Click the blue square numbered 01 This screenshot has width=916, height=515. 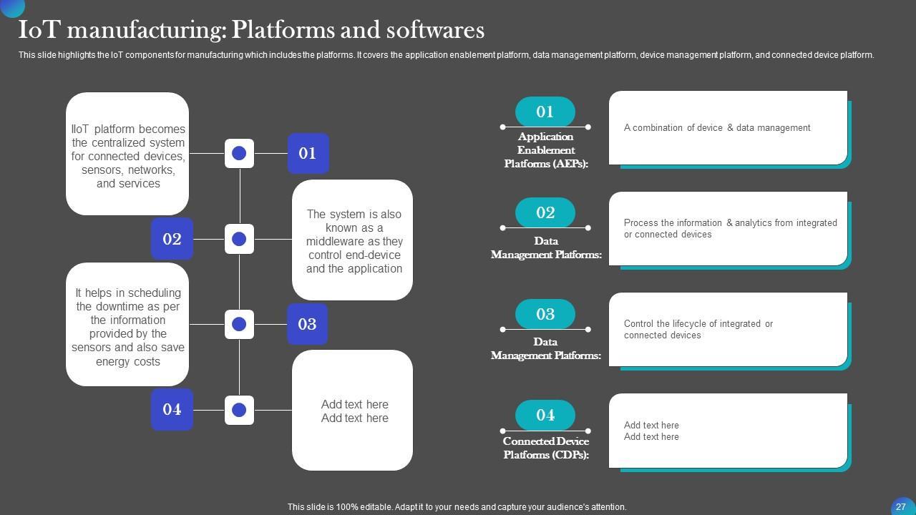click(308, 153)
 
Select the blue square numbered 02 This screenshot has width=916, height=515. click(172, 239)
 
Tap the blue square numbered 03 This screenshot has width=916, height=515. click(307, 324)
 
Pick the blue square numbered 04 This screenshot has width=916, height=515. click(172, 409)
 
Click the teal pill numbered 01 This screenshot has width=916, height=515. click(545, 112)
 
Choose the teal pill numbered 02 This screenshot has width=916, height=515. click(545, 212)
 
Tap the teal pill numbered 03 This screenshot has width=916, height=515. click(545, 314)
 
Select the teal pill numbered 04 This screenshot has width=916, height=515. click(545, 415)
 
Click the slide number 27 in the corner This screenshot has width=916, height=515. click(901, 506)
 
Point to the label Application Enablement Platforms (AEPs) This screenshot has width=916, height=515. click(545, 150)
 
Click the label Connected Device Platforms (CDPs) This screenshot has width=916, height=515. click(545, 448)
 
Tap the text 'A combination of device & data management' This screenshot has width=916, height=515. click(717, 128)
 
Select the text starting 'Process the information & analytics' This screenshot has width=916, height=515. click(730, 228)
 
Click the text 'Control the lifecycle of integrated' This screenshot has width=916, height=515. click(698, 329)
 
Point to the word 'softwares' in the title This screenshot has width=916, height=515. click(435, 30)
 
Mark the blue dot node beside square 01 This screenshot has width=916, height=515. click(239, 153)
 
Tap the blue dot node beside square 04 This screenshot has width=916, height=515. click(239, 410)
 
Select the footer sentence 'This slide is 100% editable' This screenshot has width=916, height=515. click(457, 507)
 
